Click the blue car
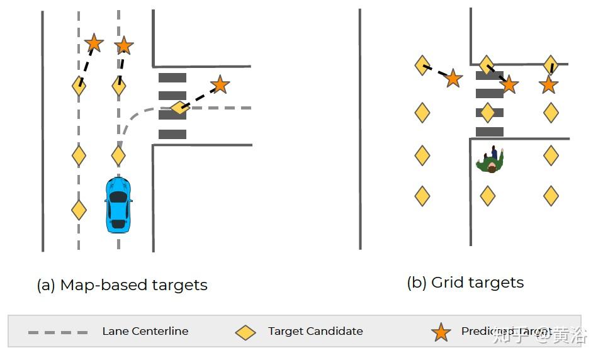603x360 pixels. pos(118,205)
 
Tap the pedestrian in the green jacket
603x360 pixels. pos(490,161)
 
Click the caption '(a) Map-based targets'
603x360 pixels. pos(122,285)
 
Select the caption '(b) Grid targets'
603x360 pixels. pos(465,283)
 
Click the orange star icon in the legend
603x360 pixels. pos(441,332)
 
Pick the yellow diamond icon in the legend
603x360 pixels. pos(245,332)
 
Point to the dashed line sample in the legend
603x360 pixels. pos(58,332)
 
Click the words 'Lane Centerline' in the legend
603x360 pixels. pos(145,331)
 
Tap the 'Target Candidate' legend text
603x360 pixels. pos(315,331)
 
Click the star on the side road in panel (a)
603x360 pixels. pos(219,84)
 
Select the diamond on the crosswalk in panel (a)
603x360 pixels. pos(179,108)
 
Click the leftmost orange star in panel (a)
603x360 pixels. pos(94,43)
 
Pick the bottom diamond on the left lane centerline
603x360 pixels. pos(79,210)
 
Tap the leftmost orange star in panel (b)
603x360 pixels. pos(453,79)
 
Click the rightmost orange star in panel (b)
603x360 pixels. pos(548,84)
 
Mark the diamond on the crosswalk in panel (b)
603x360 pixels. pos(487,113)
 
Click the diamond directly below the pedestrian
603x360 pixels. pos(487,196)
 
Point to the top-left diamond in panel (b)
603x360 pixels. pos(422,65)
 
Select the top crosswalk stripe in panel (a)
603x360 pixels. pos(172,78)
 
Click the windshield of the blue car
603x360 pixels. pos(118,197)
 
